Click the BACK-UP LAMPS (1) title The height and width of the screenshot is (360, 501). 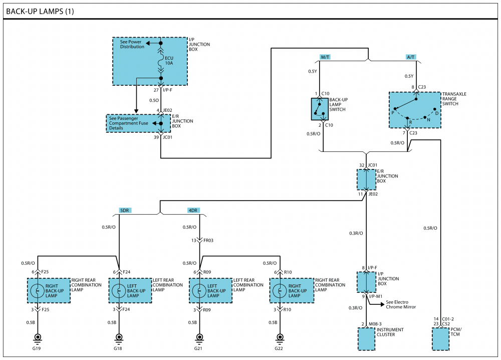pyautogui.click(x=40, y=12)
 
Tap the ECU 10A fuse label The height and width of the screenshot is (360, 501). pyautogui.click(x=169, y=61)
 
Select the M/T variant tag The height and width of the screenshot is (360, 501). pyautogui.click(x=325, y=57)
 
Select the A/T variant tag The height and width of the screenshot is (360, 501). pyautogui.click(x=411, y=57)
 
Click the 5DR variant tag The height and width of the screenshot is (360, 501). pyautogui.click(x=124, y=211)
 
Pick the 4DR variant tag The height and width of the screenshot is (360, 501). pyautogui.click(x=193, y=211)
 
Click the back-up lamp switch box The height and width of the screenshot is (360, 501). pyautogui.click(x=320, y=109)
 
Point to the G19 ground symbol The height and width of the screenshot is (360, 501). pyautogui.click(x=38, y=338)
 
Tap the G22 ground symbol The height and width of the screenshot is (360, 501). pyautogui.click(x=280, y=338)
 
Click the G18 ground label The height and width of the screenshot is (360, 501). pyautogui.click(x=118, y=348)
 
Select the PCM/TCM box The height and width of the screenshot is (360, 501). pyautogui.click(x=440, y=339)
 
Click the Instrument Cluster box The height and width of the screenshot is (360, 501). pyautogui.click(x=366, y=339)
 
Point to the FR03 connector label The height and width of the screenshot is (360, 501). pyautogui.click(x=208, y=241)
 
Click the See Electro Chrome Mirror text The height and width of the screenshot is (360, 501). pyautogui.click(x=401, y=304)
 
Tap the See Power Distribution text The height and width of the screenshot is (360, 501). pyautogui.click(x=132, y=44)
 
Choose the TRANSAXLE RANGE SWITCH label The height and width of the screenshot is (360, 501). pyautogui.click(x=454, y=99)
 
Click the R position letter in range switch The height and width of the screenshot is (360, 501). pyautogui.click(x=411, y=122)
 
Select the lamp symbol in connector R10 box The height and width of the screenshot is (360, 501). pyautogui.click(x=280, y=291)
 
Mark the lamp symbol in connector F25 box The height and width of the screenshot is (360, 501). pyautogui.click(x=38, y=291)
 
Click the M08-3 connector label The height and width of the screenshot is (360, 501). pyautogui.click(x=375, y=324)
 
